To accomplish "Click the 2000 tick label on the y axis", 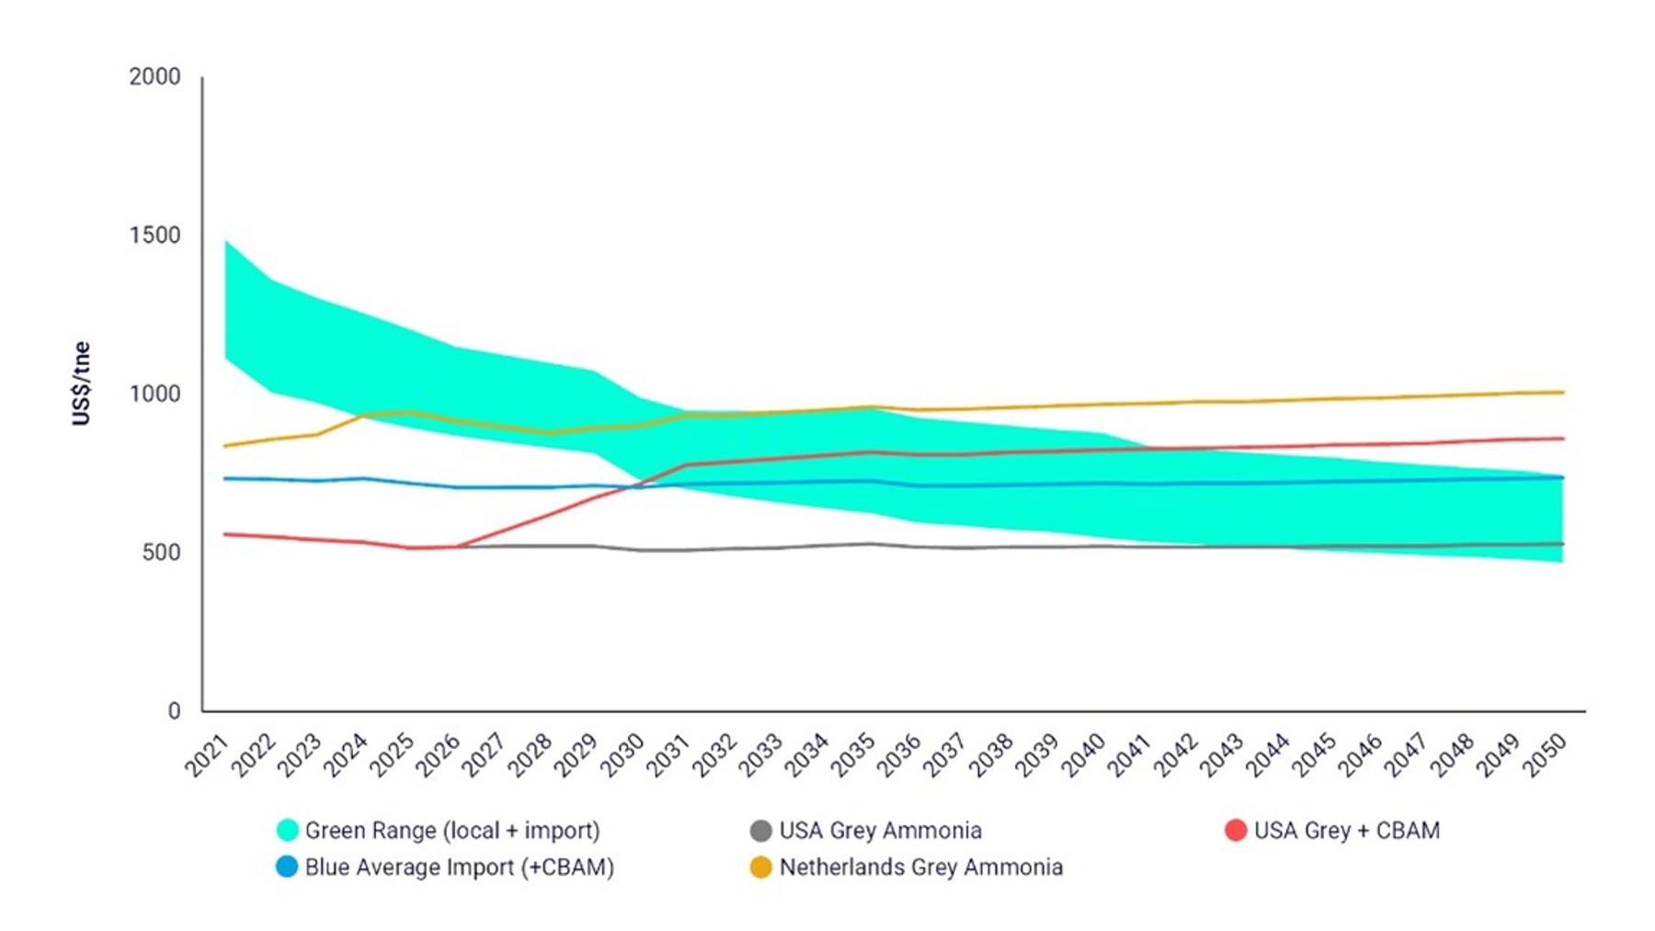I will point(154,76).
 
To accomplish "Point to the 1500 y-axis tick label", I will point(154,235).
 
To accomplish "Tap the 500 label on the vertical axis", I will point(161,552).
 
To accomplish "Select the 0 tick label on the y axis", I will point(174,710).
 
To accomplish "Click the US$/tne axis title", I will point(81,384).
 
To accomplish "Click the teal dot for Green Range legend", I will point(288,830).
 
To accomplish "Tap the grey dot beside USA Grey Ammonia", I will point(760,830).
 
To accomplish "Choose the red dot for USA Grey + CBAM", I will point(1236,830).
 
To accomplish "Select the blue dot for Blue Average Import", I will point(288,867).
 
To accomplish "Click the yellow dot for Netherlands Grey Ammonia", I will point(760,867).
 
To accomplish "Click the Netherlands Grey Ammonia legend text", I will point(920,867).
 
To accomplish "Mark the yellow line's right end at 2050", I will point(1563,392).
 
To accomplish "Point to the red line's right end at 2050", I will point(1563,438).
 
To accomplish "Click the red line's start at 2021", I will point(225,534).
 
